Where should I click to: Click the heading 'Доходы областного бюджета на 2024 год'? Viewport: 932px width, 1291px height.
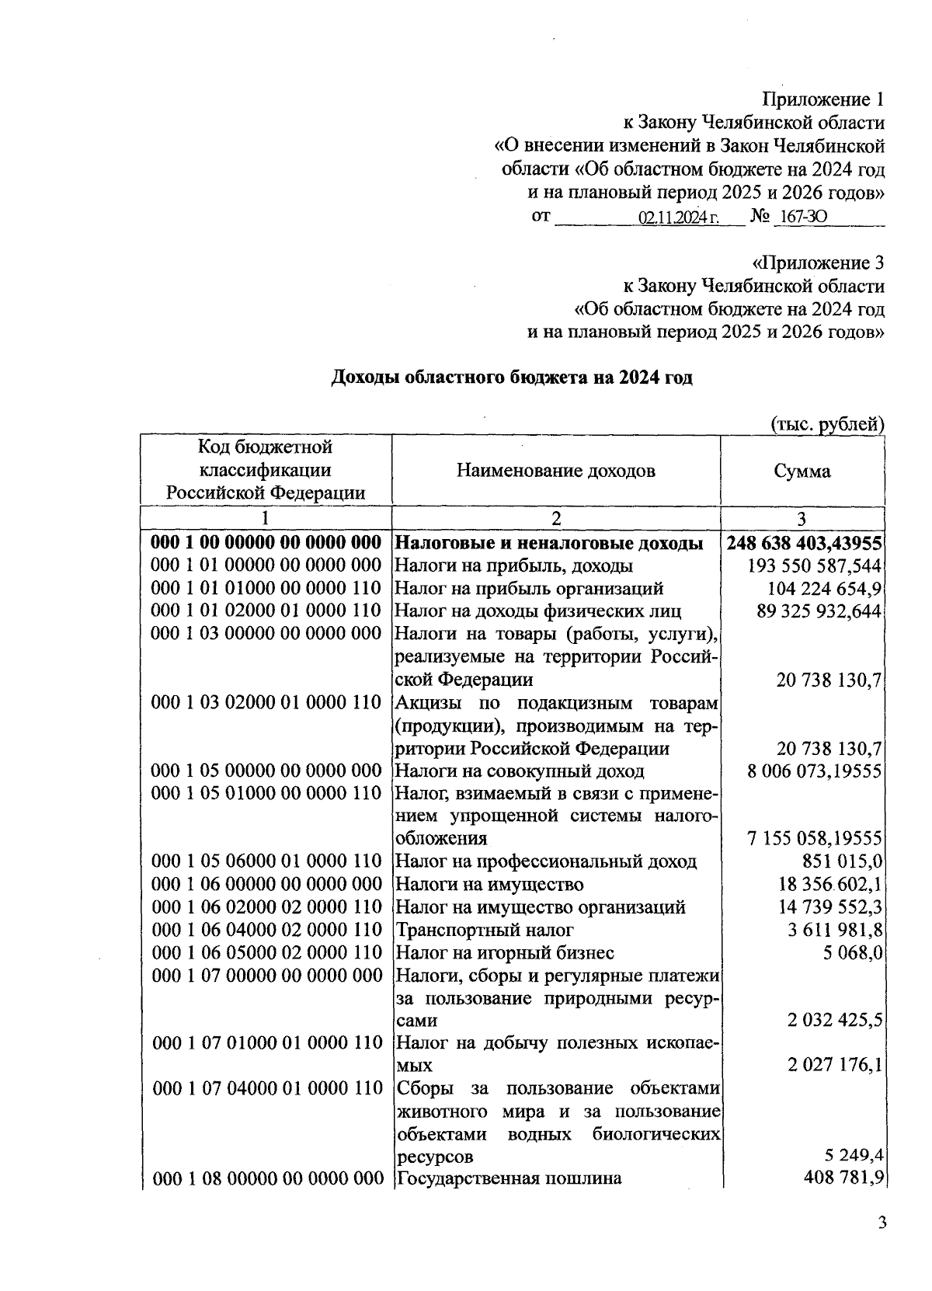click(x=512, y=378)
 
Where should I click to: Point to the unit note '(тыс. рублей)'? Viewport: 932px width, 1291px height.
click(x=826, y=424)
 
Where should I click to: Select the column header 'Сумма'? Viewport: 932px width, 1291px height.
click(x=802, y=471)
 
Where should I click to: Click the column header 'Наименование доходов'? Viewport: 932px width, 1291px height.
click(x=555, y=471)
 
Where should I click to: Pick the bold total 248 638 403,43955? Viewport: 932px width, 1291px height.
click(x=805, y=543)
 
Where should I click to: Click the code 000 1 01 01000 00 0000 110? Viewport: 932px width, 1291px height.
click(x=267, y=589)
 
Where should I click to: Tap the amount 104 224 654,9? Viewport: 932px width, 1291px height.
click(x=825, y=589)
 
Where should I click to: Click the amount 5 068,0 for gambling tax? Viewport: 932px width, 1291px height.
click(x=854, y=952)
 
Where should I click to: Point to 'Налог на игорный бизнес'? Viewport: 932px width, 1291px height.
click(x=505, y=952)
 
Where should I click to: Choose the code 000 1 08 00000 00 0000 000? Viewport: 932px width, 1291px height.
click(x=267, y=1179)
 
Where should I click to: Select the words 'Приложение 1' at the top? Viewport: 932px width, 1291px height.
click(x=822, y=99)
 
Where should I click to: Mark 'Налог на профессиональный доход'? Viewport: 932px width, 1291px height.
click(x=546, y=861)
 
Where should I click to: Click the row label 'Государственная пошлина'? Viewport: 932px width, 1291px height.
click(x=509, y=1179)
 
